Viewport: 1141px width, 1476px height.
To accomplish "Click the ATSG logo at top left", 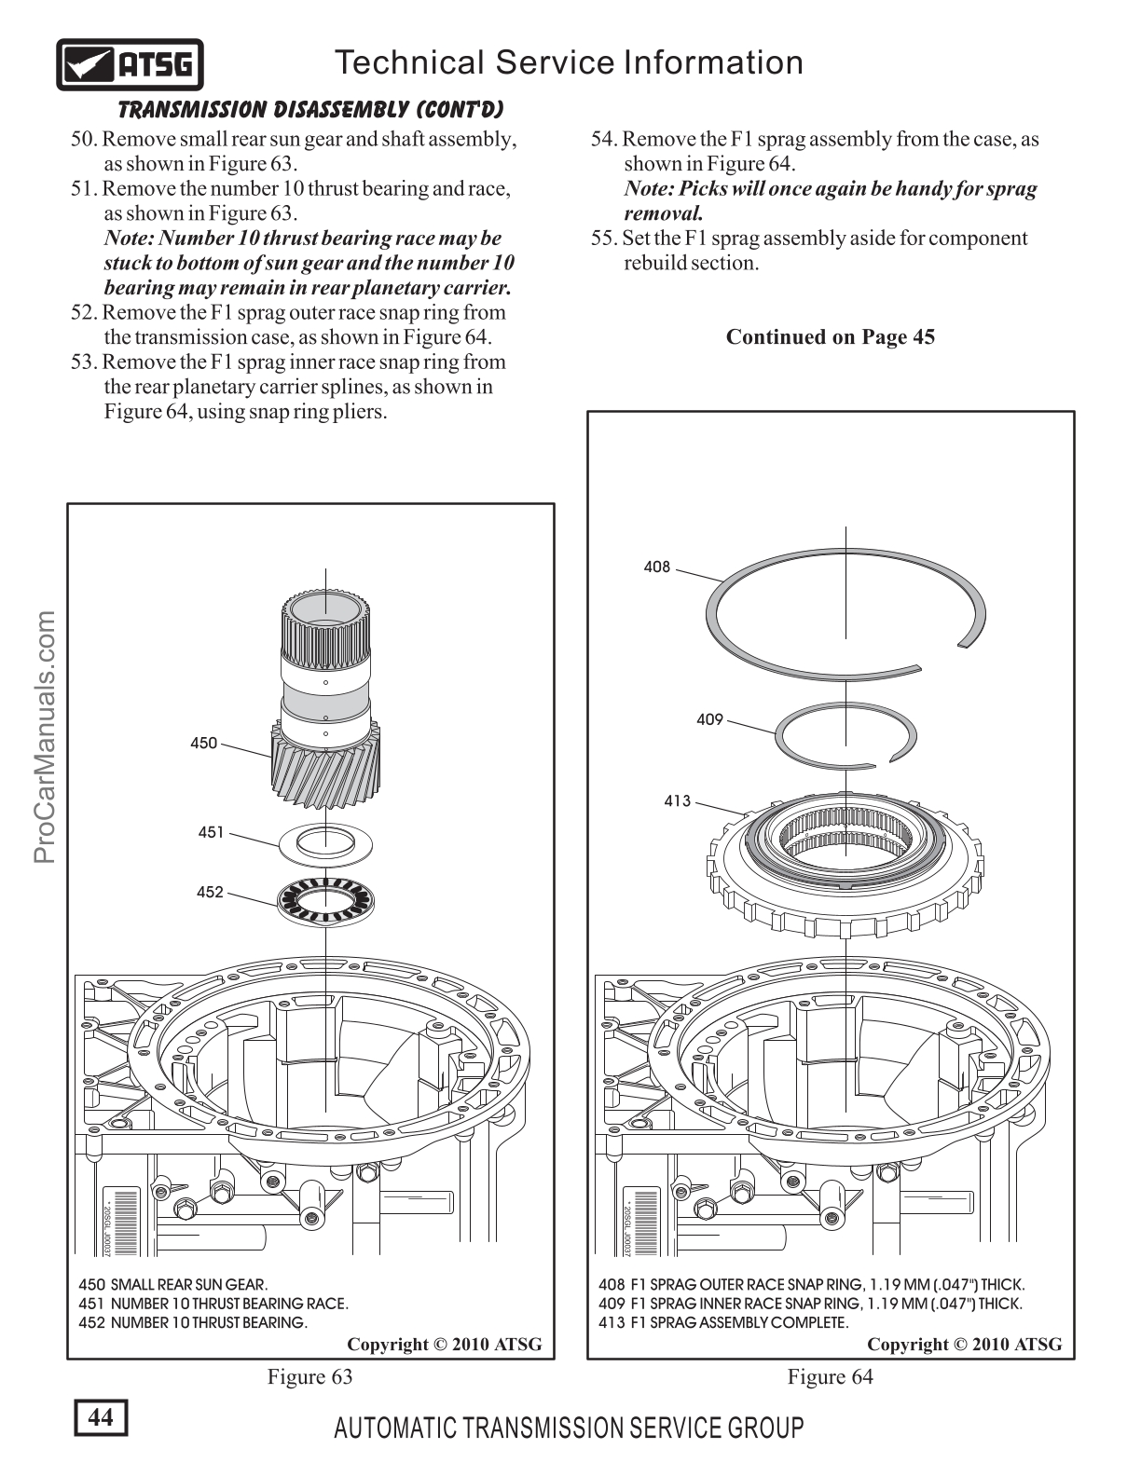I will click(x=130, y=65).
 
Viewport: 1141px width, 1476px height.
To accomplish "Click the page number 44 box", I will click(x=101, y=1417).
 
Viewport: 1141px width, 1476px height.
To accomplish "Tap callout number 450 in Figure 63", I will click(x=203, y=744).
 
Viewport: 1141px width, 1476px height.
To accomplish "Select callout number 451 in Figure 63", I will click(x=211, y=832).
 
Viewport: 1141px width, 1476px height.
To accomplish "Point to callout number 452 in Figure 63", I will click(x=210, y=893).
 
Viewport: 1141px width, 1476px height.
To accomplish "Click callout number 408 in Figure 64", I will click(x=657, y=567).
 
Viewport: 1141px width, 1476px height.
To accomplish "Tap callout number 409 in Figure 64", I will click(x=709, y=719).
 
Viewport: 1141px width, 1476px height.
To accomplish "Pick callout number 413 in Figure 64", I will click(x=678, y=800).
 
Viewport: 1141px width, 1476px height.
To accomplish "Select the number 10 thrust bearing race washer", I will click(x=326, y=842).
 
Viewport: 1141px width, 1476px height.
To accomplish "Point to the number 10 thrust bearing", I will click(x=324, y=900).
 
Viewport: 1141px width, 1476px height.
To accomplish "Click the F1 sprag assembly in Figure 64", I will click(x=845, y=862).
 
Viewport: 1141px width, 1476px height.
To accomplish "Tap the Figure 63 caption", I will click(x=310, y=1376).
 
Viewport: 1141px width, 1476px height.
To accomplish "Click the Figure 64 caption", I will click(x=831, y=1376).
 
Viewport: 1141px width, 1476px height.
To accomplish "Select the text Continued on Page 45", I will click(x=830, y=336).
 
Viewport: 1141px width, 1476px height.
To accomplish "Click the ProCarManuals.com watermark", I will click(x=46, y=737).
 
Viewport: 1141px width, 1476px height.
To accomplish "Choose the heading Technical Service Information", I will click(x=569, y=62).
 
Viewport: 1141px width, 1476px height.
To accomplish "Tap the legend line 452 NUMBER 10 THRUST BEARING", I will click(x=193, y=1322).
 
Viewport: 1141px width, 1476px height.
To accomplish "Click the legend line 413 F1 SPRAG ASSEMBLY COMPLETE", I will click(x=723, y=1322).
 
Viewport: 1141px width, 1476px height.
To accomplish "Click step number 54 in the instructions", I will click(x=604, y=140).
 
